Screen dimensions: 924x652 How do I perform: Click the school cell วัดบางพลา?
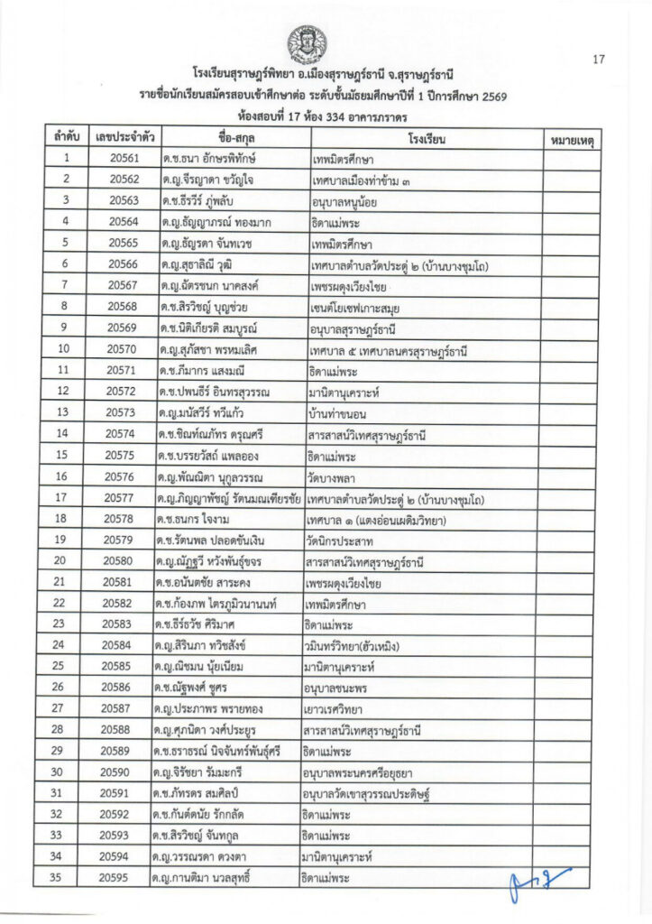pyautogui.click(x=333, y=476)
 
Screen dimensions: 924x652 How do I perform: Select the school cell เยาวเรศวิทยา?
pyautogui.click(x=338, y=709)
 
